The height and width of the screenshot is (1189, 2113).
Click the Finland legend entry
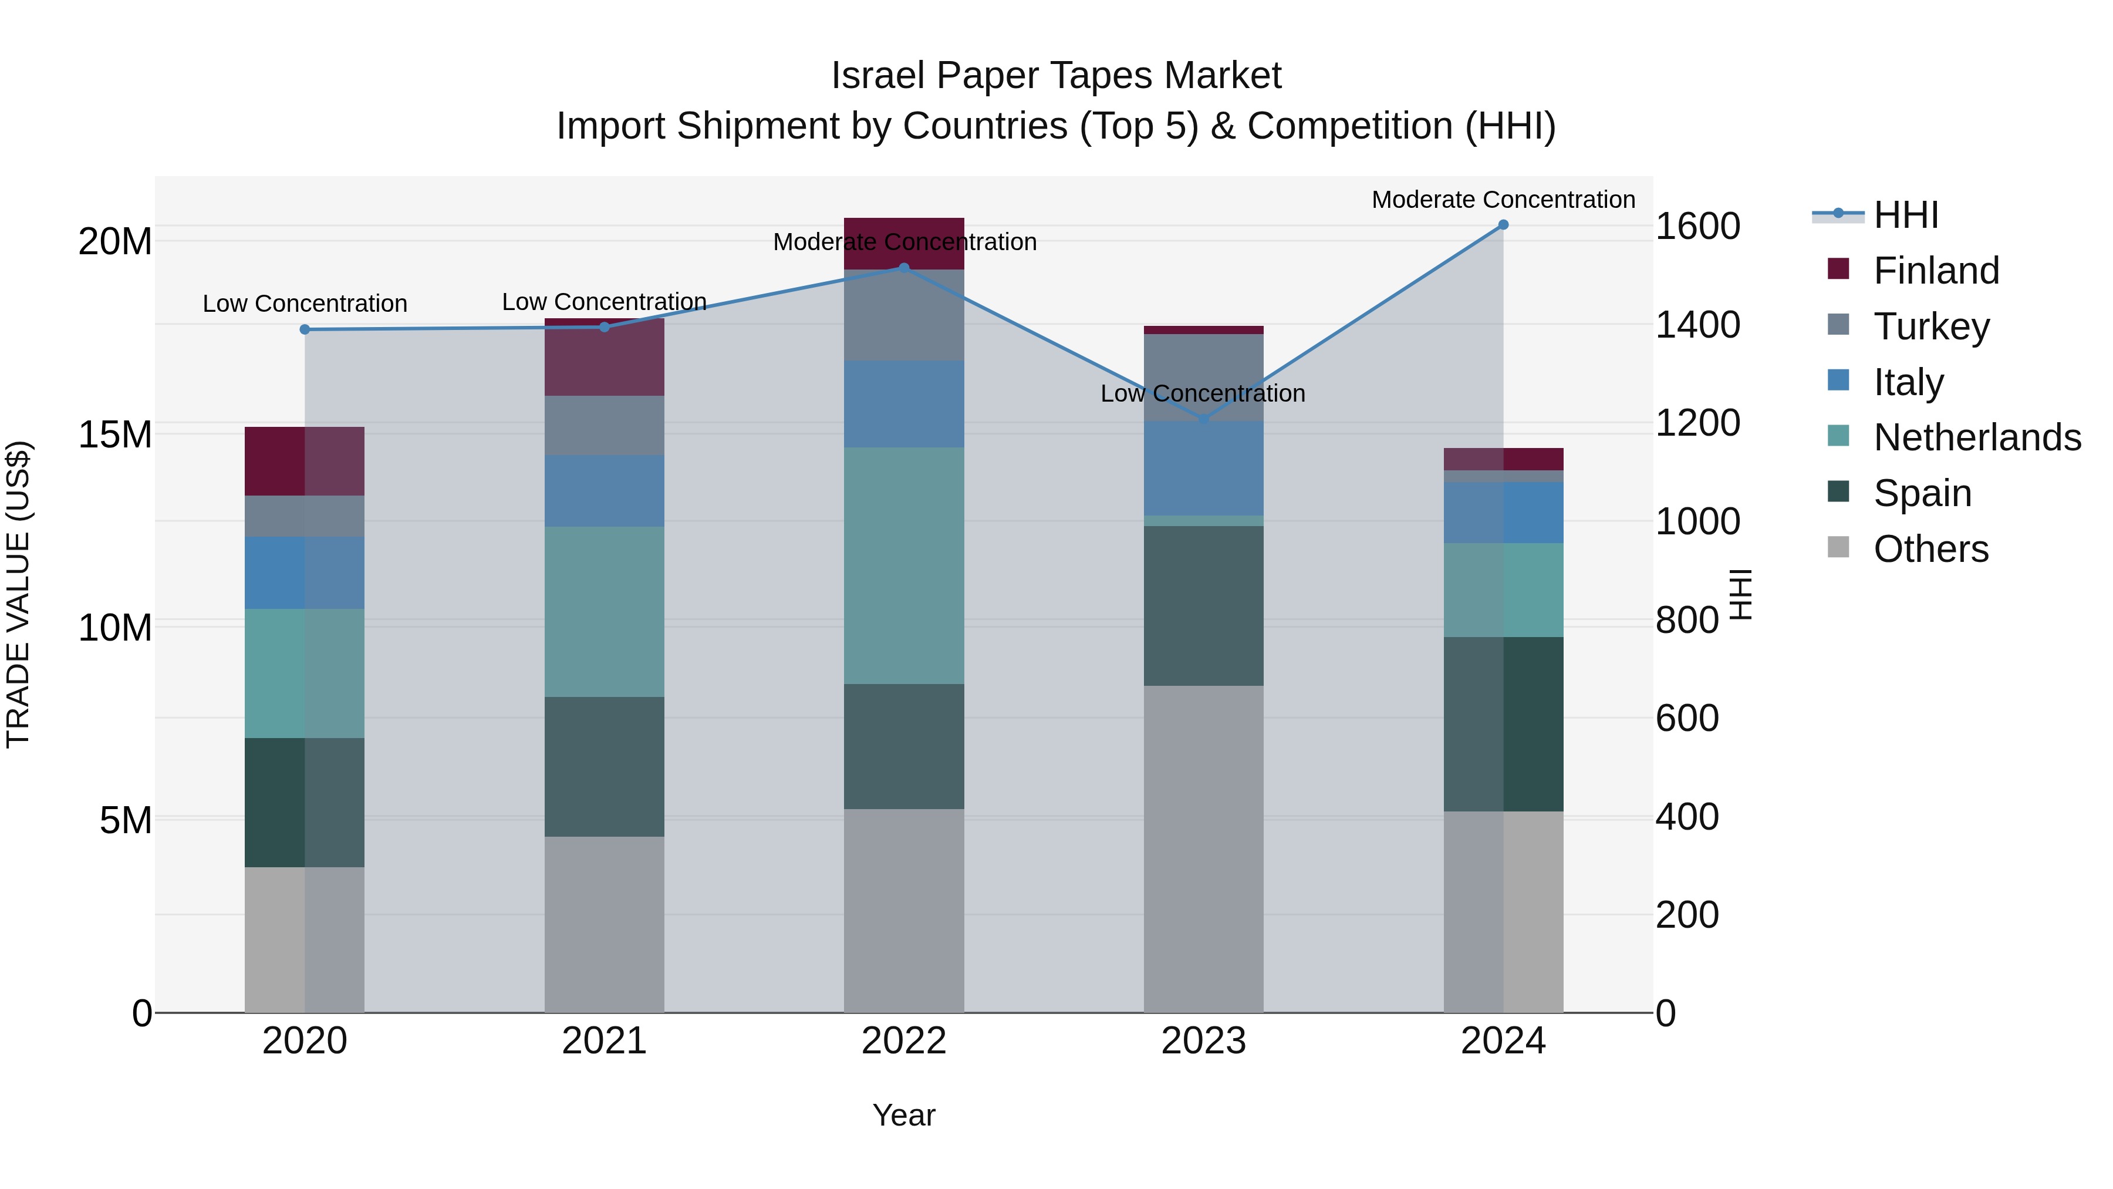click(x=1936, y=271)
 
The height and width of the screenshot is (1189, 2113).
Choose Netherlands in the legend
click(x=1977, y=437)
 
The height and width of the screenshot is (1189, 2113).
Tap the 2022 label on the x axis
click(x=904, y=1041)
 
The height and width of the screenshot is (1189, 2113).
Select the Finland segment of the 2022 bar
click(x=904, y=244)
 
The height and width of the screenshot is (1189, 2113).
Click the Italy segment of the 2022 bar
click(x=904, y=404)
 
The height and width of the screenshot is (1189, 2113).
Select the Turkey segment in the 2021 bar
click(x=604, y=425)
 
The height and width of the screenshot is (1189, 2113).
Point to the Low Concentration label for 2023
click(x=1203, y=394)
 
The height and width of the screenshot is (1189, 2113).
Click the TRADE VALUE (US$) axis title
click(x=18, y=594)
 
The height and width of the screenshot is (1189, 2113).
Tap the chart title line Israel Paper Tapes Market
click(x=1056, y=76)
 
